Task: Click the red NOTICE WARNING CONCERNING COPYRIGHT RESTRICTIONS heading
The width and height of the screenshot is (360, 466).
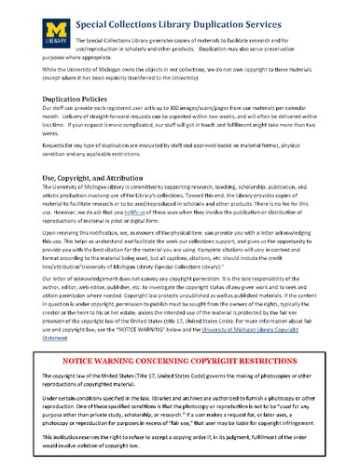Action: (180, 384)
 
